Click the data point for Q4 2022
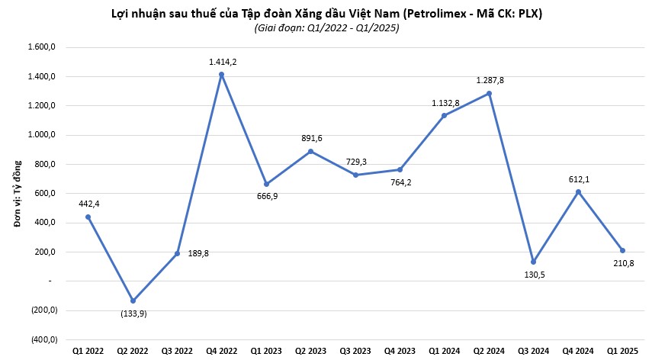point(221,75)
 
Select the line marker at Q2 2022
point(133,301)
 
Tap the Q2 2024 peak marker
point(489,93)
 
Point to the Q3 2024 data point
point(533,262)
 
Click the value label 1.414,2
point(223,62)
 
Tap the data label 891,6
point(310,138)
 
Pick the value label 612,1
point(578,178)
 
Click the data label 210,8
point(624,264)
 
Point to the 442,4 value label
point(88,204)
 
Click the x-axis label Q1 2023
point(266,350)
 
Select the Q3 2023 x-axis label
point(355,350)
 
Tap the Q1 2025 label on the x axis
point(622,350)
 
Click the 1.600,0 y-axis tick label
point(43,47)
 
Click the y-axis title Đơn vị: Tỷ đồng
point(16,194)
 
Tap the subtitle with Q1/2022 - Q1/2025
point(326,28)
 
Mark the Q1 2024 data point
point(444,116)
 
